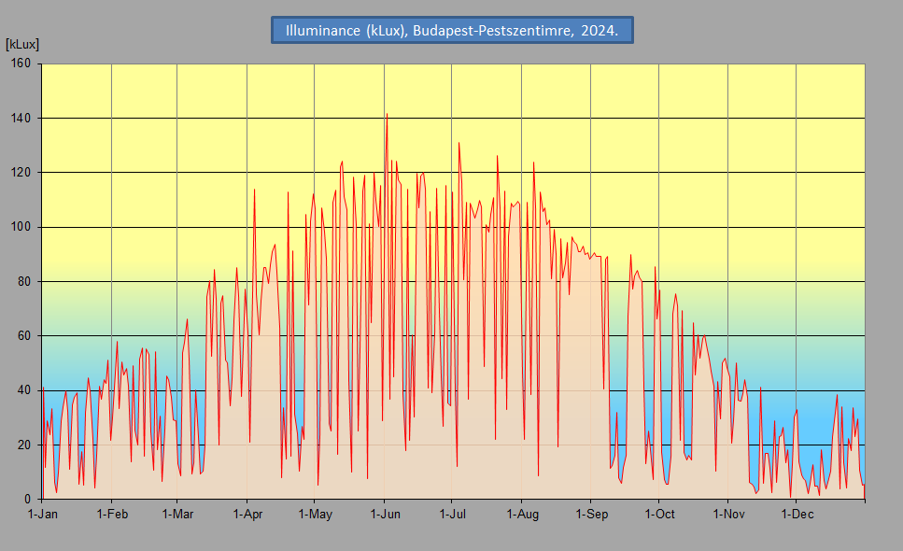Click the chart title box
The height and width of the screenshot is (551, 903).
(452, 30)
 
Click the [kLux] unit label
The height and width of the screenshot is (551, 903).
(22, 44)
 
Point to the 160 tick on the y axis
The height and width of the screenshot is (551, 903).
(21, 64)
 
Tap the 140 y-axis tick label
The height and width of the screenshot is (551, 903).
(21, 118)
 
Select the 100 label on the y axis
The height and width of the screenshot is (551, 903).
(21, 227)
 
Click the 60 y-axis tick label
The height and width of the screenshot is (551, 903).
(23, 335)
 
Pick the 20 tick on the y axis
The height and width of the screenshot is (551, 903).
(23, 445)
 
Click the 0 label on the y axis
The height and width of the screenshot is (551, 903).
(28, 500)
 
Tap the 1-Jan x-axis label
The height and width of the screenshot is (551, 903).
(43, 515)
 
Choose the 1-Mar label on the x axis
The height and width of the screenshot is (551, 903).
(177, 515)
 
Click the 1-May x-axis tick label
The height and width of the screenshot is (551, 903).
(315, 515)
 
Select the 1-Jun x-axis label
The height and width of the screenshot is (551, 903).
(385, 515)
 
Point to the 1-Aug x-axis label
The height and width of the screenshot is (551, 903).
(522, 515)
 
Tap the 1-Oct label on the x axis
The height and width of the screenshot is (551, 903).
(659, 515)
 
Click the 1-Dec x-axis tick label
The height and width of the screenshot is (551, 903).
(797, 515)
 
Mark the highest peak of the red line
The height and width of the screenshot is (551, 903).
(387, 114)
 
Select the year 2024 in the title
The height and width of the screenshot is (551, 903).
(600, 30)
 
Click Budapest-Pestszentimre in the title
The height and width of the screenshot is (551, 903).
(491, 30)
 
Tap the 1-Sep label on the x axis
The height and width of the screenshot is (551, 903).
(591, 515)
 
